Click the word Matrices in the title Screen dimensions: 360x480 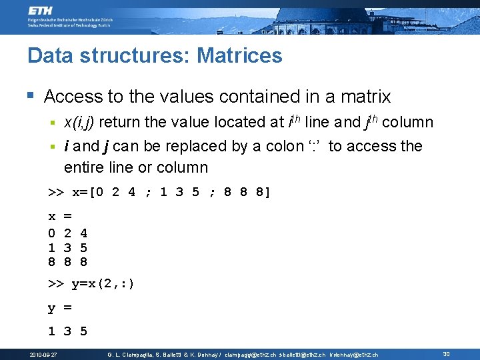239,55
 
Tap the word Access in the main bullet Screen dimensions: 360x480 73,97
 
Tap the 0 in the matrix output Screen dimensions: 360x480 51,233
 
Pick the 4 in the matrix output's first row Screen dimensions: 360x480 83,233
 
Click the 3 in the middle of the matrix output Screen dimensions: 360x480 67,247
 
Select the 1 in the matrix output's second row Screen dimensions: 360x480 51,247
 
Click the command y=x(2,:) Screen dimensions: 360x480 103,284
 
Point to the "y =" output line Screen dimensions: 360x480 59,308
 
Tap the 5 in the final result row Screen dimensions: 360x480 83,331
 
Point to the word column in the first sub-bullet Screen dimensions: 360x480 407,123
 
